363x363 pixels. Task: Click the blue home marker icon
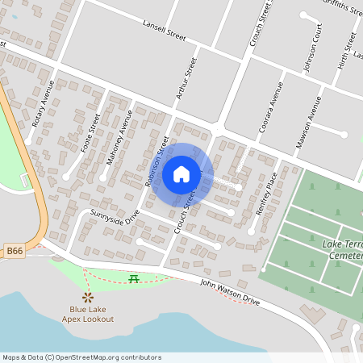[181, 174]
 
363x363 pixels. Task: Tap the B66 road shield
[14, 252]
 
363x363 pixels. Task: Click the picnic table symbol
[134, 278]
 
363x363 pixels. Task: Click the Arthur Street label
[186, 79]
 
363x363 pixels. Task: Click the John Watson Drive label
[230, 291]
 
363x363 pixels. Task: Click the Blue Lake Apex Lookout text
[90, 314]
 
